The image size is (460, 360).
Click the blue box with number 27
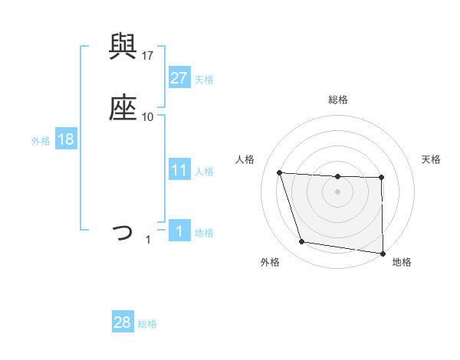(x=179, y=77)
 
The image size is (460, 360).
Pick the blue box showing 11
(x=179, y=170)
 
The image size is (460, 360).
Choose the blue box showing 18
(x=66, y=139)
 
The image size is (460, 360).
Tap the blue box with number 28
(x=123, y=322)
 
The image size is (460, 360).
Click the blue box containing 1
(x=179, y=231)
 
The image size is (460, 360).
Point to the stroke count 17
(x=148, y=55)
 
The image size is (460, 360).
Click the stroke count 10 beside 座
(x=148, y=116)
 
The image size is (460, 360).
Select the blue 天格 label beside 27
(x=204, y=79)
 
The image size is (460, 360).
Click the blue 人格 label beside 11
(x=204, y=172)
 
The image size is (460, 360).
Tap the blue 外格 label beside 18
(x=41, y=141)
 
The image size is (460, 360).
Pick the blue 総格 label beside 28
(x=147, y=324)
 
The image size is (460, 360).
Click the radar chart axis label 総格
(x=338, y=100)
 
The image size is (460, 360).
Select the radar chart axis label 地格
(x=402, y=262)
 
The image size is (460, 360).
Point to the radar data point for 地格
(x=383, y=254)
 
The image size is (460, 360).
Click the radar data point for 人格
(x=280, y=172)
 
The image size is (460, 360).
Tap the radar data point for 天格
(x=382, y=178)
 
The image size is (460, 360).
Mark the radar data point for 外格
(x=302, y=242)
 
